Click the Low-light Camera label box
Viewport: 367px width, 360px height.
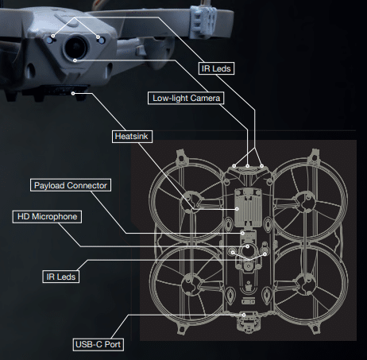click(186, 99)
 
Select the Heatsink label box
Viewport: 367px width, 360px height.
click(132, 137)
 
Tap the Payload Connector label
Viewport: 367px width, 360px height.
click(71, 185)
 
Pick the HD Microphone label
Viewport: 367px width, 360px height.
click(47, 217)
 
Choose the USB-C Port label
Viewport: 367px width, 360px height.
click(99, 344)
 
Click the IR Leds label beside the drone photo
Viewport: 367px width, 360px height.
click(216, 68)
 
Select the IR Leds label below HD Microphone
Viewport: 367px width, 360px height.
click(61, 277)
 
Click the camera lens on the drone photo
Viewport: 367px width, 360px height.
click(76, 47)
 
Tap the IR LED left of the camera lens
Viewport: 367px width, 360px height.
click(50, 40)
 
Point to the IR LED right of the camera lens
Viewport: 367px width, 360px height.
click(102, 41)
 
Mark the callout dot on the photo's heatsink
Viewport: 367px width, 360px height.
click(73, 94)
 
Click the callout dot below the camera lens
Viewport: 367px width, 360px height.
click(75, 60)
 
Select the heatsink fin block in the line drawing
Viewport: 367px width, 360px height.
click(248, 207)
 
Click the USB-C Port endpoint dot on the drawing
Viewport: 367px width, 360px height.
click(244, 315)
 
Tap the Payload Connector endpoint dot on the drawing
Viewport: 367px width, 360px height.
click(242, 234)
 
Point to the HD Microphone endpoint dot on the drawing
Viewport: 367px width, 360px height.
click(248, 246)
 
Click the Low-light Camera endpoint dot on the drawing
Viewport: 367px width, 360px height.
click(248, 166)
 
